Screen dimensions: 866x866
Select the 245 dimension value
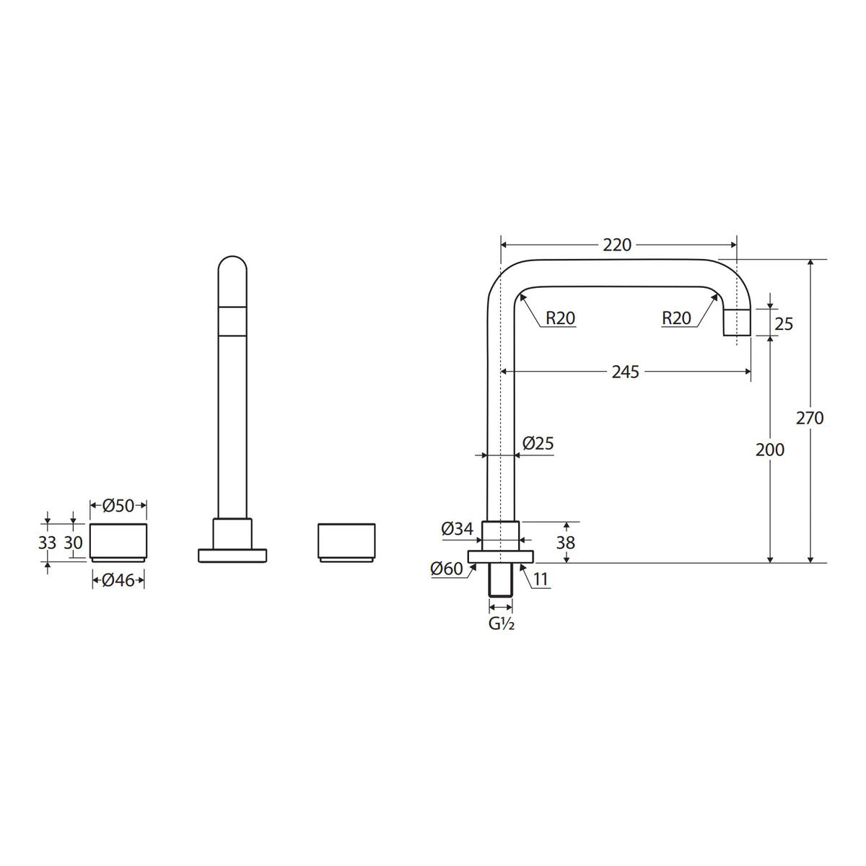point(625,372)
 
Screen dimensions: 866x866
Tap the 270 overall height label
point(810,418)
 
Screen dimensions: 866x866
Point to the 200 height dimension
point(769,450)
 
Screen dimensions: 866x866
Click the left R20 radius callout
point(561,318)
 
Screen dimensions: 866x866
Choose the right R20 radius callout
point(676,318)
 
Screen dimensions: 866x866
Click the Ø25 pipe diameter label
point(538,444)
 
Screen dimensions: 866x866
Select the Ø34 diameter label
point(457,528)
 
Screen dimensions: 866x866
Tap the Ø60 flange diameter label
point(446,569)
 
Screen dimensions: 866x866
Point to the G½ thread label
point(501,624)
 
